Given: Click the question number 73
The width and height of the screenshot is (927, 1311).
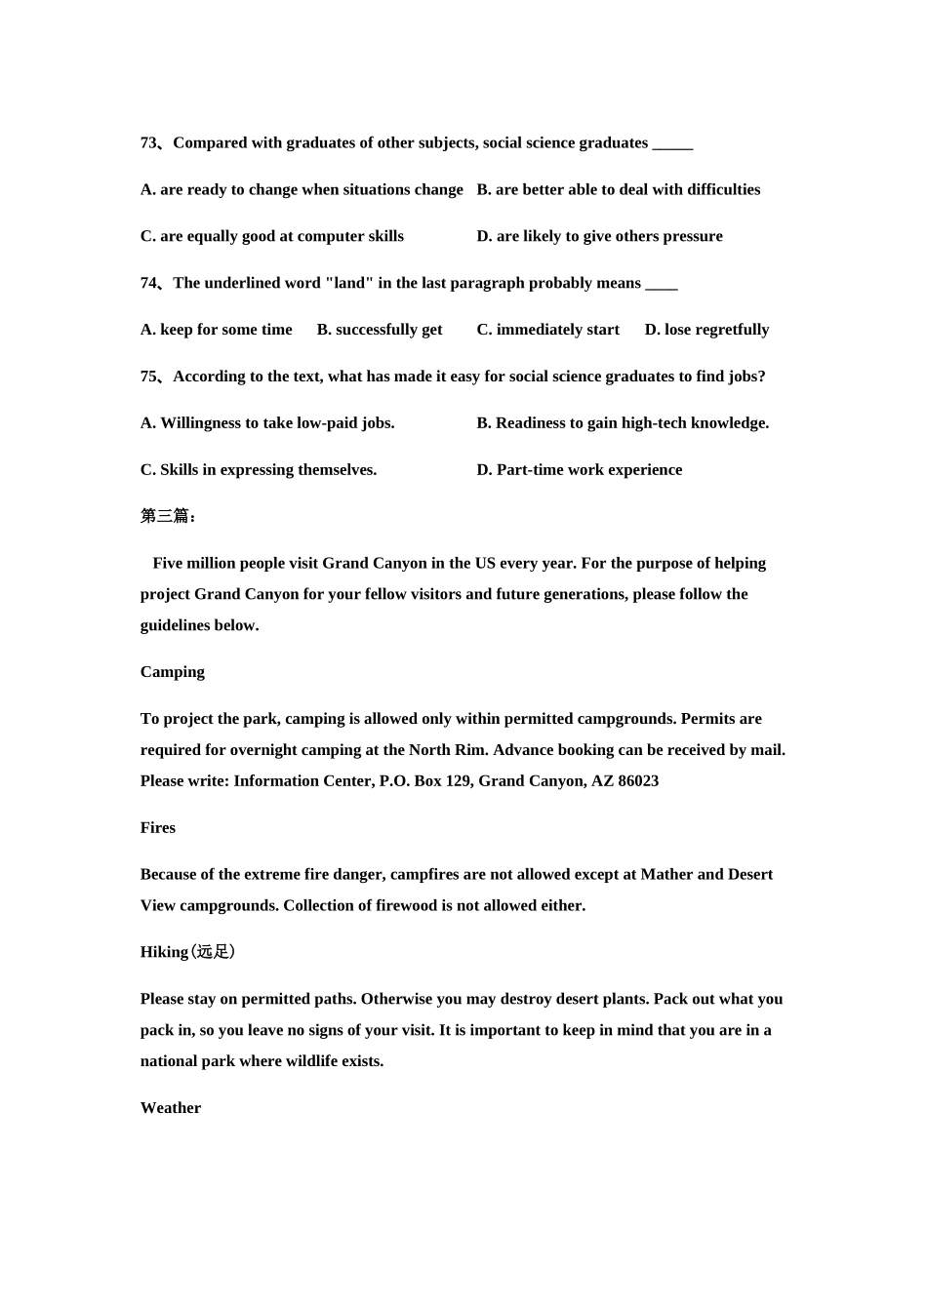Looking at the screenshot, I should point(149,143).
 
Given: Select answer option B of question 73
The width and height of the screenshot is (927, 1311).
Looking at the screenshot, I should point(618,190).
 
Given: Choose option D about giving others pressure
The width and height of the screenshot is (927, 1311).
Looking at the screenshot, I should point(599,237).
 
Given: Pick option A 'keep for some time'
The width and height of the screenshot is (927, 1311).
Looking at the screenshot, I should point(216,330).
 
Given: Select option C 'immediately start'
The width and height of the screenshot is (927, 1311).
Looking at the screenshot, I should point(547,330).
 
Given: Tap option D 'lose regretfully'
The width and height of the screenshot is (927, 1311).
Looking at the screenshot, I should point(706,330).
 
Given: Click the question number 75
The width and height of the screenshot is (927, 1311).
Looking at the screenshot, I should point(149,377).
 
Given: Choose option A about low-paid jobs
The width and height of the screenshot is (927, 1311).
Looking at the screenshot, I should point(267,423).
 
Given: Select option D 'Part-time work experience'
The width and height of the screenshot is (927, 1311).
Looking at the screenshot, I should point(579,470).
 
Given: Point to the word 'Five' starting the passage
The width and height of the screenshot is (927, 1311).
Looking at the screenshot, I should point(168,564).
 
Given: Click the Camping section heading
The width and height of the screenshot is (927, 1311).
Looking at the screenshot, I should point(173,672).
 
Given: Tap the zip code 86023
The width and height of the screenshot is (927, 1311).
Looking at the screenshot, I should point(638,781).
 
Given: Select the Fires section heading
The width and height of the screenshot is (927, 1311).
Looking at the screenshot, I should point(158,828).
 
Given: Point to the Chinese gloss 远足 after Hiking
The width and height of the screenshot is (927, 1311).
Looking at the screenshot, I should point(214,952).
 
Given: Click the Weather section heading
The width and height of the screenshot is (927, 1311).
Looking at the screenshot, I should point(171,1108).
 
